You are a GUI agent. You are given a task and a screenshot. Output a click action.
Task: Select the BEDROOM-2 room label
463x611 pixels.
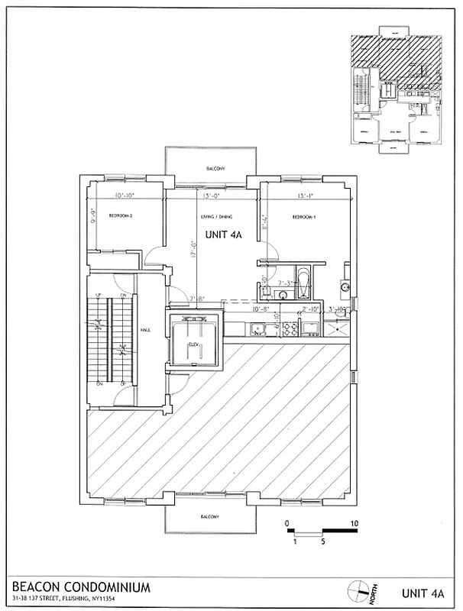pos(121,216)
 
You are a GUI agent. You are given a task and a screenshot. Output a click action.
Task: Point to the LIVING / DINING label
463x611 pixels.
pos(216,217)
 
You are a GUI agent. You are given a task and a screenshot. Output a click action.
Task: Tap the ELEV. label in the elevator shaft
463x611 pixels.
pos(194,345)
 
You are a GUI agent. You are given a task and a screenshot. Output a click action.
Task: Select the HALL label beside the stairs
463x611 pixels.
pos(144,330)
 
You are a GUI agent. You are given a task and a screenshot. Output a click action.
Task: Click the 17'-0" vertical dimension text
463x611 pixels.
pos(193,252)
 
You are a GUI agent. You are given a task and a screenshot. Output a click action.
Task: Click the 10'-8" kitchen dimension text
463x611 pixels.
pos(260,309)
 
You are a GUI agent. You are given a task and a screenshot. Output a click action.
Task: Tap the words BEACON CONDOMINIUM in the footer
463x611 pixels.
pos(81,586)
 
